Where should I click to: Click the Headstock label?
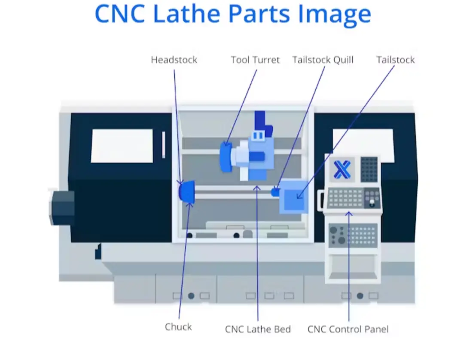[174, 60]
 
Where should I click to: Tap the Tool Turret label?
[255, 60]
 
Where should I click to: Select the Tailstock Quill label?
[323, 60]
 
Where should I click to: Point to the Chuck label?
[178, 327]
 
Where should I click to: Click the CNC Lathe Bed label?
[258, 329]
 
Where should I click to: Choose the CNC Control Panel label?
[348, 329]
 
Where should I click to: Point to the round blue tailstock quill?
[275, 192]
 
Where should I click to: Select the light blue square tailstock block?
[294, 196]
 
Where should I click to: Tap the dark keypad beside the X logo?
[369, 169]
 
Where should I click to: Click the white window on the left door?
[122, 146]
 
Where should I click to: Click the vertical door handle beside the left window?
[163, 145]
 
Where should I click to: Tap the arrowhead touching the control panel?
[348, 214]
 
